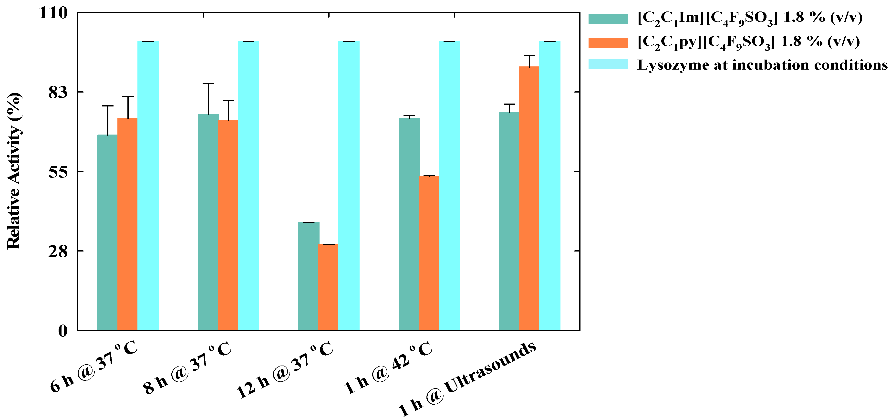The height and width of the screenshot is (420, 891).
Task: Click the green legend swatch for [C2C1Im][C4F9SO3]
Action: coord(608,19)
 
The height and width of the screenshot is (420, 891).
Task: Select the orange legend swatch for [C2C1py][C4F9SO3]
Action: coord(608,43)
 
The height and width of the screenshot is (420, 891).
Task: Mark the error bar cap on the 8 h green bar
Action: coord(208,83)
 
